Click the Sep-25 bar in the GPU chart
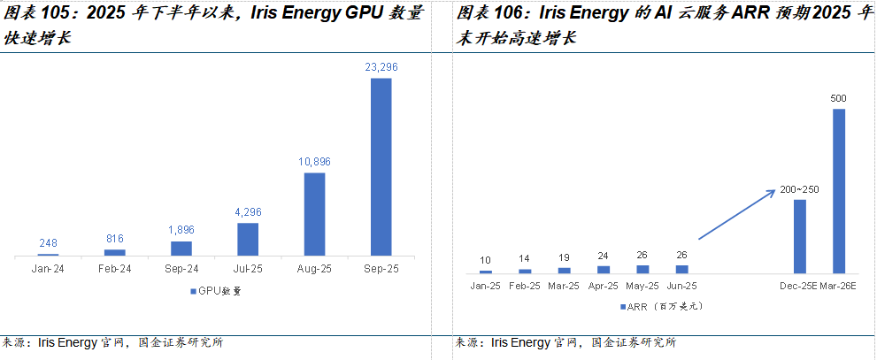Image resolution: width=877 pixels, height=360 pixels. click(x=381, y=167)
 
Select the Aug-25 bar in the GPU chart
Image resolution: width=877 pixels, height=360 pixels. click(x=314, y=214)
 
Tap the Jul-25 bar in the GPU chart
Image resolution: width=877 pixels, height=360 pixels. click(x=248, y=239)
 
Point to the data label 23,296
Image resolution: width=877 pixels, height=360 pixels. click(x=381, y=67)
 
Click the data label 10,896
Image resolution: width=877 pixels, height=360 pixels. click(x=314, y=162)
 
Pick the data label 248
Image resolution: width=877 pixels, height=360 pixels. click(x=48, y=243)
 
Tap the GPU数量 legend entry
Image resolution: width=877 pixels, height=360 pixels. click(x=214, y=290)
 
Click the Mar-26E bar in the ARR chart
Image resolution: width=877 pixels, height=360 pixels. click(x=839, y=190)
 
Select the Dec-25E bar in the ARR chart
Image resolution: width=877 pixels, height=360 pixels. click(x=800, y=235)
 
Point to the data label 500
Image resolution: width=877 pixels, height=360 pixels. click(x=839, y=97)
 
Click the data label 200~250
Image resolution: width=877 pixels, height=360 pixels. click(x=800, y=190)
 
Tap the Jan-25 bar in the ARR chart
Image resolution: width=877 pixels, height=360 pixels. click(x=485, y=271)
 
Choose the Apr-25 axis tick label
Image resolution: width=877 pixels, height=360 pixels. click(x=603, y=286)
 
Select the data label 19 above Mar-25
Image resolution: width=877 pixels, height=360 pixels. click(x=564, y=258)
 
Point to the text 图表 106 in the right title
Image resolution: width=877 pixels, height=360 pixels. click(x=489, y=14)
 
